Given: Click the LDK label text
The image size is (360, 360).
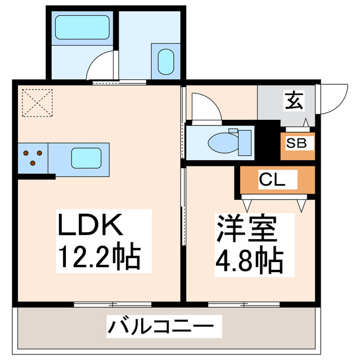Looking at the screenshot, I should coord(90,228).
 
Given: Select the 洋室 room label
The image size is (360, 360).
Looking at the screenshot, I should coord(246,228).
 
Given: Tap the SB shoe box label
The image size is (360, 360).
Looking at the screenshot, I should coord(296,143).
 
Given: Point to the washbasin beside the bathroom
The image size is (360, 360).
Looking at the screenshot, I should coord(166,61).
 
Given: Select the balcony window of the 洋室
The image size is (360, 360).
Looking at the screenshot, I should coord(236,304).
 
